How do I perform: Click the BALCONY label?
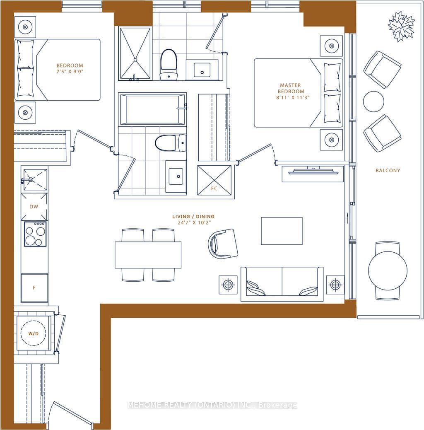388,170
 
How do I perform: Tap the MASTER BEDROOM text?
291,88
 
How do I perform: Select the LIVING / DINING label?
193,216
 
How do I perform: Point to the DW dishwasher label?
34,206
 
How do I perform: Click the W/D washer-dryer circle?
34,333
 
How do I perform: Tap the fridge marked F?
34,287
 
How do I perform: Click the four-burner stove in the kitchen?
35,234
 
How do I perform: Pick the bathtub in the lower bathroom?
152,109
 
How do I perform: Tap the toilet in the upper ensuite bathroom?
169,64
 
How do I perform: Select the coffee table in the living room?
282,231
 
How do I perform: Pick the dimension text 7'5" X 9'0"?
70,72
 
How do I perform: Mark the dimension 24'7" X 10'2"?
194,222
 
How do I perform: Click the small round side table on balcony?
373,101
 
